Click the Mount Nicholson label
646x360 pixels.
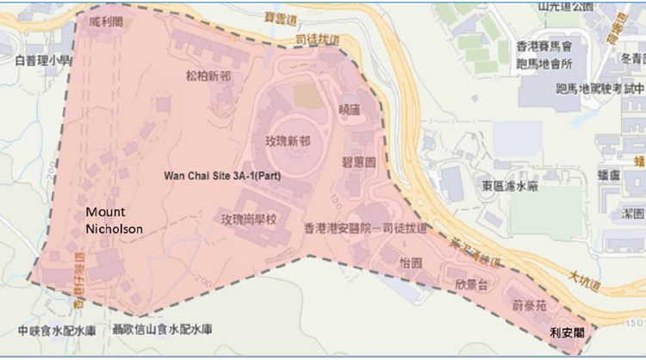pyautogui.click(x=114, y=220)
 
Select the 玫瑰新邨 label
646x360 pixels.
pyautogui.click(x=288, y=140)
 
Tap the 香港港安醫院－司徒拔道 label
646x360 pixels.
pyautogui.click(x=366, y=229)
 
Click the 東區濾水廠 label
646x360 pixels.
pyautogui.click(x=511, y=184)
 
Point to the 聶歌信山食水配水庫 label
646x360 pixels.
pyautogui.click(x=163, y=330)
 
